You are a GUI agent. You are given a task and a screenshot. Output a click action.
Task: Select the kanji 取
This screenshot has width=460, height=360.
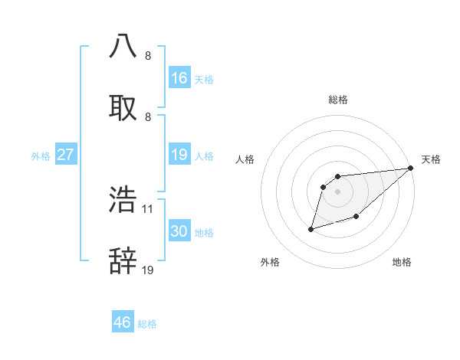(123, 107)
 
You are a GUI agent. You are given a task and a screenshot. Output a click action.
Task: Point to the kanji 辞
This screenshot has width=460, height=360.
(123, 261)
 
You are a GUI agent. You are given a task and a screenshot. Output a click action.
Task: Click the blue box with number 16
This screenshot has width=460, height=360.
(179, 78)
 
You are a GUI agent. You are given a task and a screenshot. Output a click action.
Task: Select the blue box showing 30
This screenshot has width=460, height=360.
(179, 232)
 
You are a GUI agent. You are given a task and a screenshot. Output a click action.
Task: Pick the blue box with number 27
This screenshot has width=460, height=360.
(66, 155)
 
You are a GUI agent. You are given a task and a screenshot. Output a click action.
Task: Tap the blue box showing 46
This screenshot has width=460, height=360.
(123, 322)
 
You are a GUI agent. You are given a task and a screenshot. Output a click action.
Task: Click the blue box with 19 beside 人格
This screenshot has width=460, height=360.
(179, 155)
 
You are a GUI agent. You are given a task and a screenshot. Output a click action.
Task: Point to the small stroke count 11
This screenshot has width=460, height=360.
(148, 208)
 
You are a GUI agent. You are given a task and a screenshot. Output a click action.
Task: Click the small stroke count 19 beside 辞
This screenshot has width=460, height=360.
(148, 270)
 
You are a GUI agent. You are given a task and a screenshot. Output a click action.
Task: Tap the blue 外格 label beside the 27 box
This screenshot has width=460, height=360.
(41, 156)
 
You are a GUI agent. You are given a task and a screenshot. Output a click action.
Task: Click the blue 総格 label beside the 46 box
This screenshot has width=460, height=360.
(147, 324)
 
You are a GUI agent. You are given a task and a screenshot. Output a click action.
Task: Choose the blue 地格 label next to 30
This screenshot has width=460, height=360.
(204, 233)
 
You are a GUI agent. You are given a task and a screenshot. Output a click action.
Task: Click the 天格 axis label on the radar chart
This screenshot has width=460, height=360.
(431, 159)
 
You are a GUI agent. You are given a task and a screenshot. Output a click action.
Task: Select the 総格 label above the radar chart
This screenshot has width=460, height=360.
(338, 100)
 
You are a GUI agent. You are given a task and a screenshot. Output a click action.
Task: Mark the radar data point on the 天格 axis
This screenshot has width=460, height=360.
(411, 169)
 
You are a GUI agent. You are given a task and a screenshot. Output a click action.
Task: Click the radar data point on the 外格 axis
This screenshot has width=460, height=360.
(311, 228)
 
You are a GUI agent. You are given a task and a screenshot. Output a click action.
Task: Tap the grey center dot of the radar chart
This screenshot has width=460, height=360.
(338, 191)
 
